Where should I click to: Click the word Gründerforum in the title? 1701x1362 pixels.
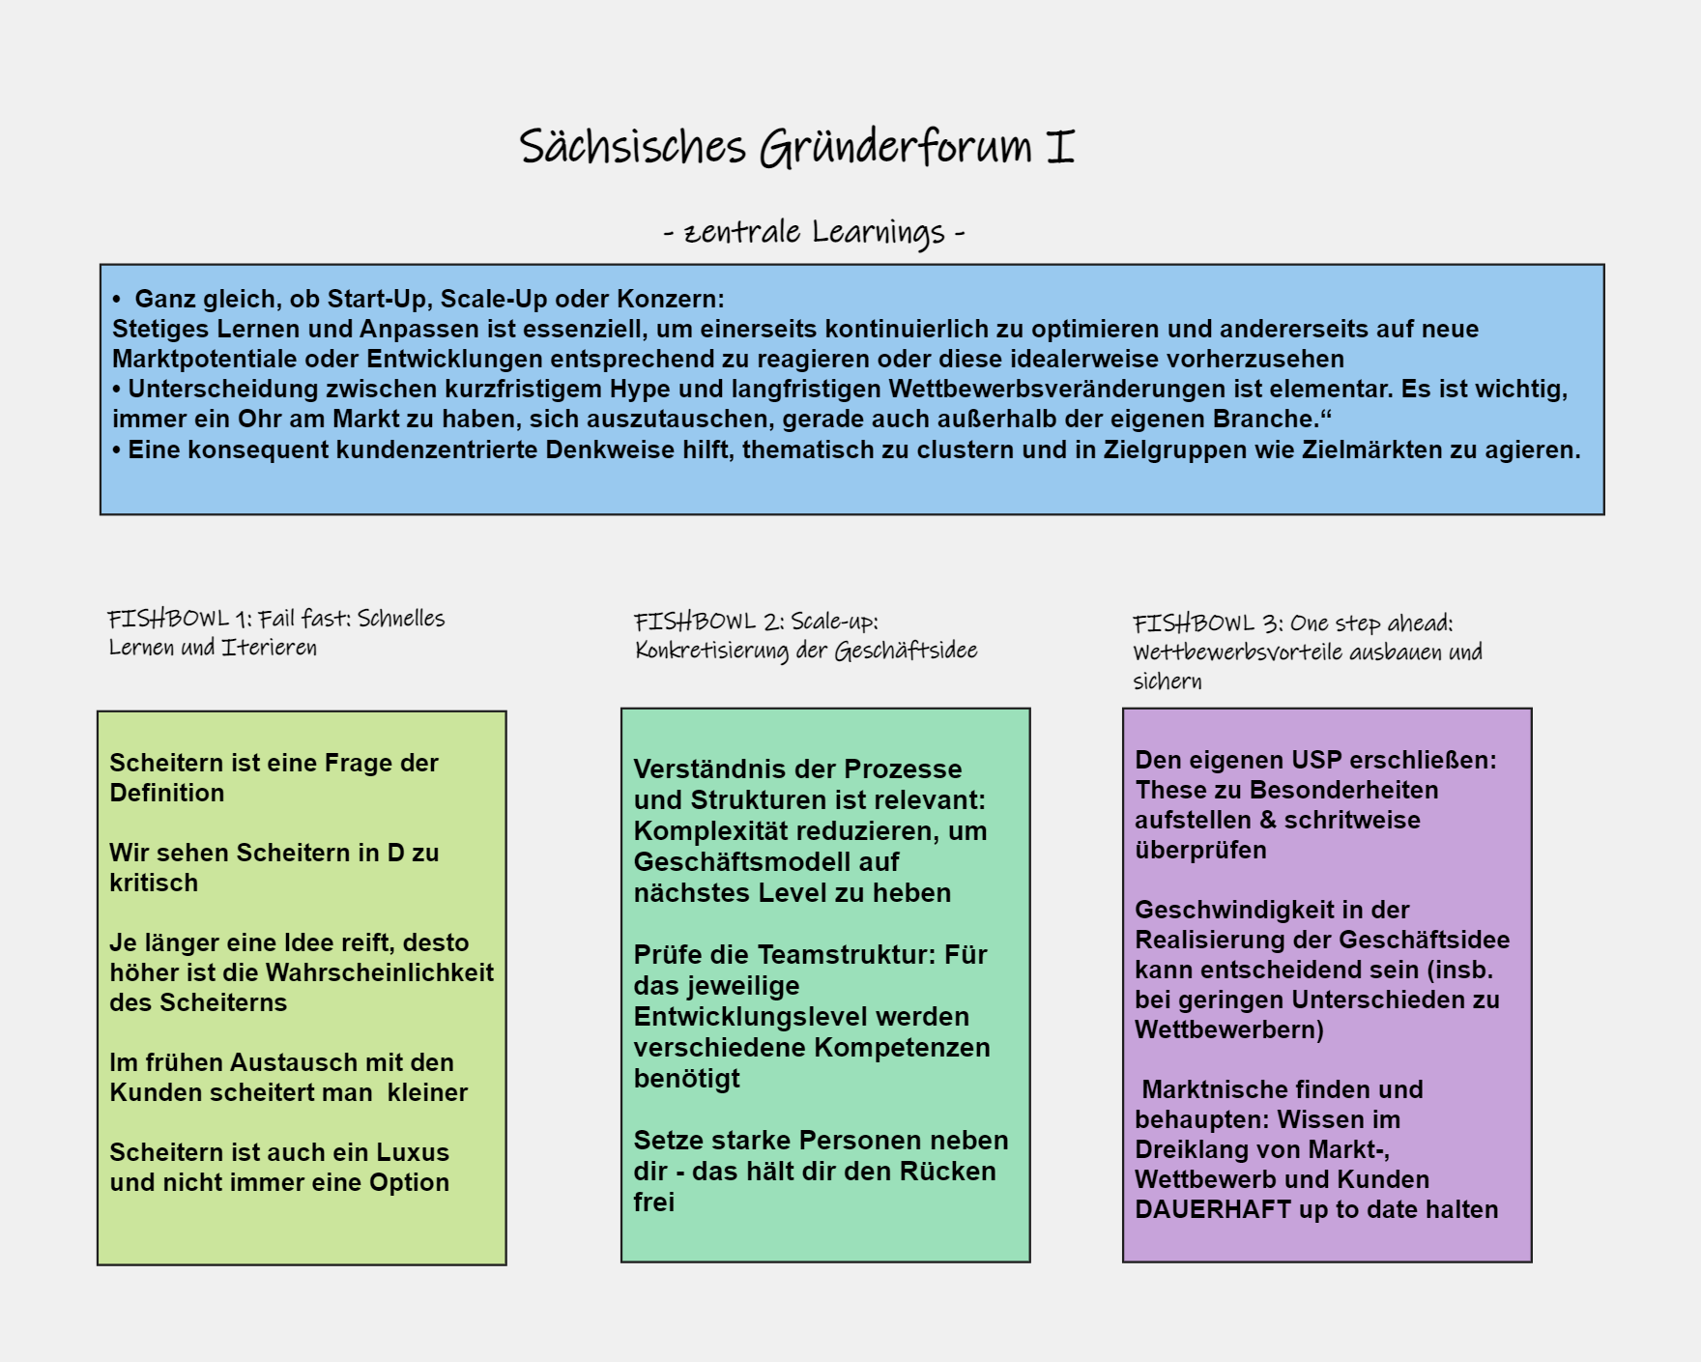896,148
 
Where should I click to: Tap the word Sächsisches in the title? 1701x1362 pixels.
633,146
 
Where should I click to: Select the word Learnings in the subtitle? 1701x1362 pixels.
879,233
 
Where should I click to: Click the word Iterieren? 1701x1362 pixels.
270,647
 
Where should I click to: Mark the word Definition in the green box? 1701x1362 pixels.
167,793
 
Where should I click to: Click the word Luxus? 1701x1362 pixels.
413,1152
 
